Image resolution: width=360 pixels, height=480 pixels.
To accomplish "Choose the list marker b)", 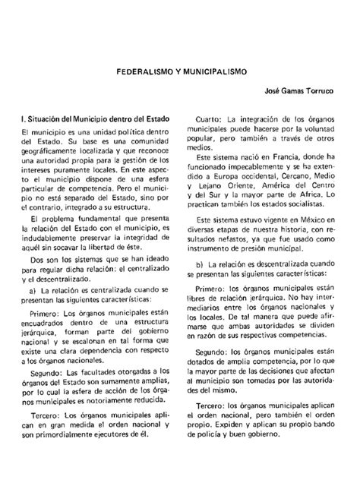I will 200,263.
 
